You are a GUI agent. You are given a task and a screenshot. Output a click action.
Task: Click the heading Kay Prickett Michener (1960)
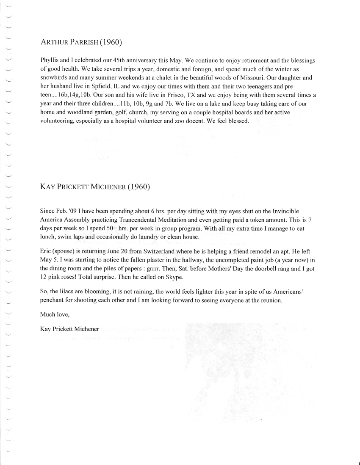[95, 187]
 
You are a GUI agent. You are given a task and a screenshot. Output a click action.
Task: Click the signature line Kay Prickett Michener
[69, 329]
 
